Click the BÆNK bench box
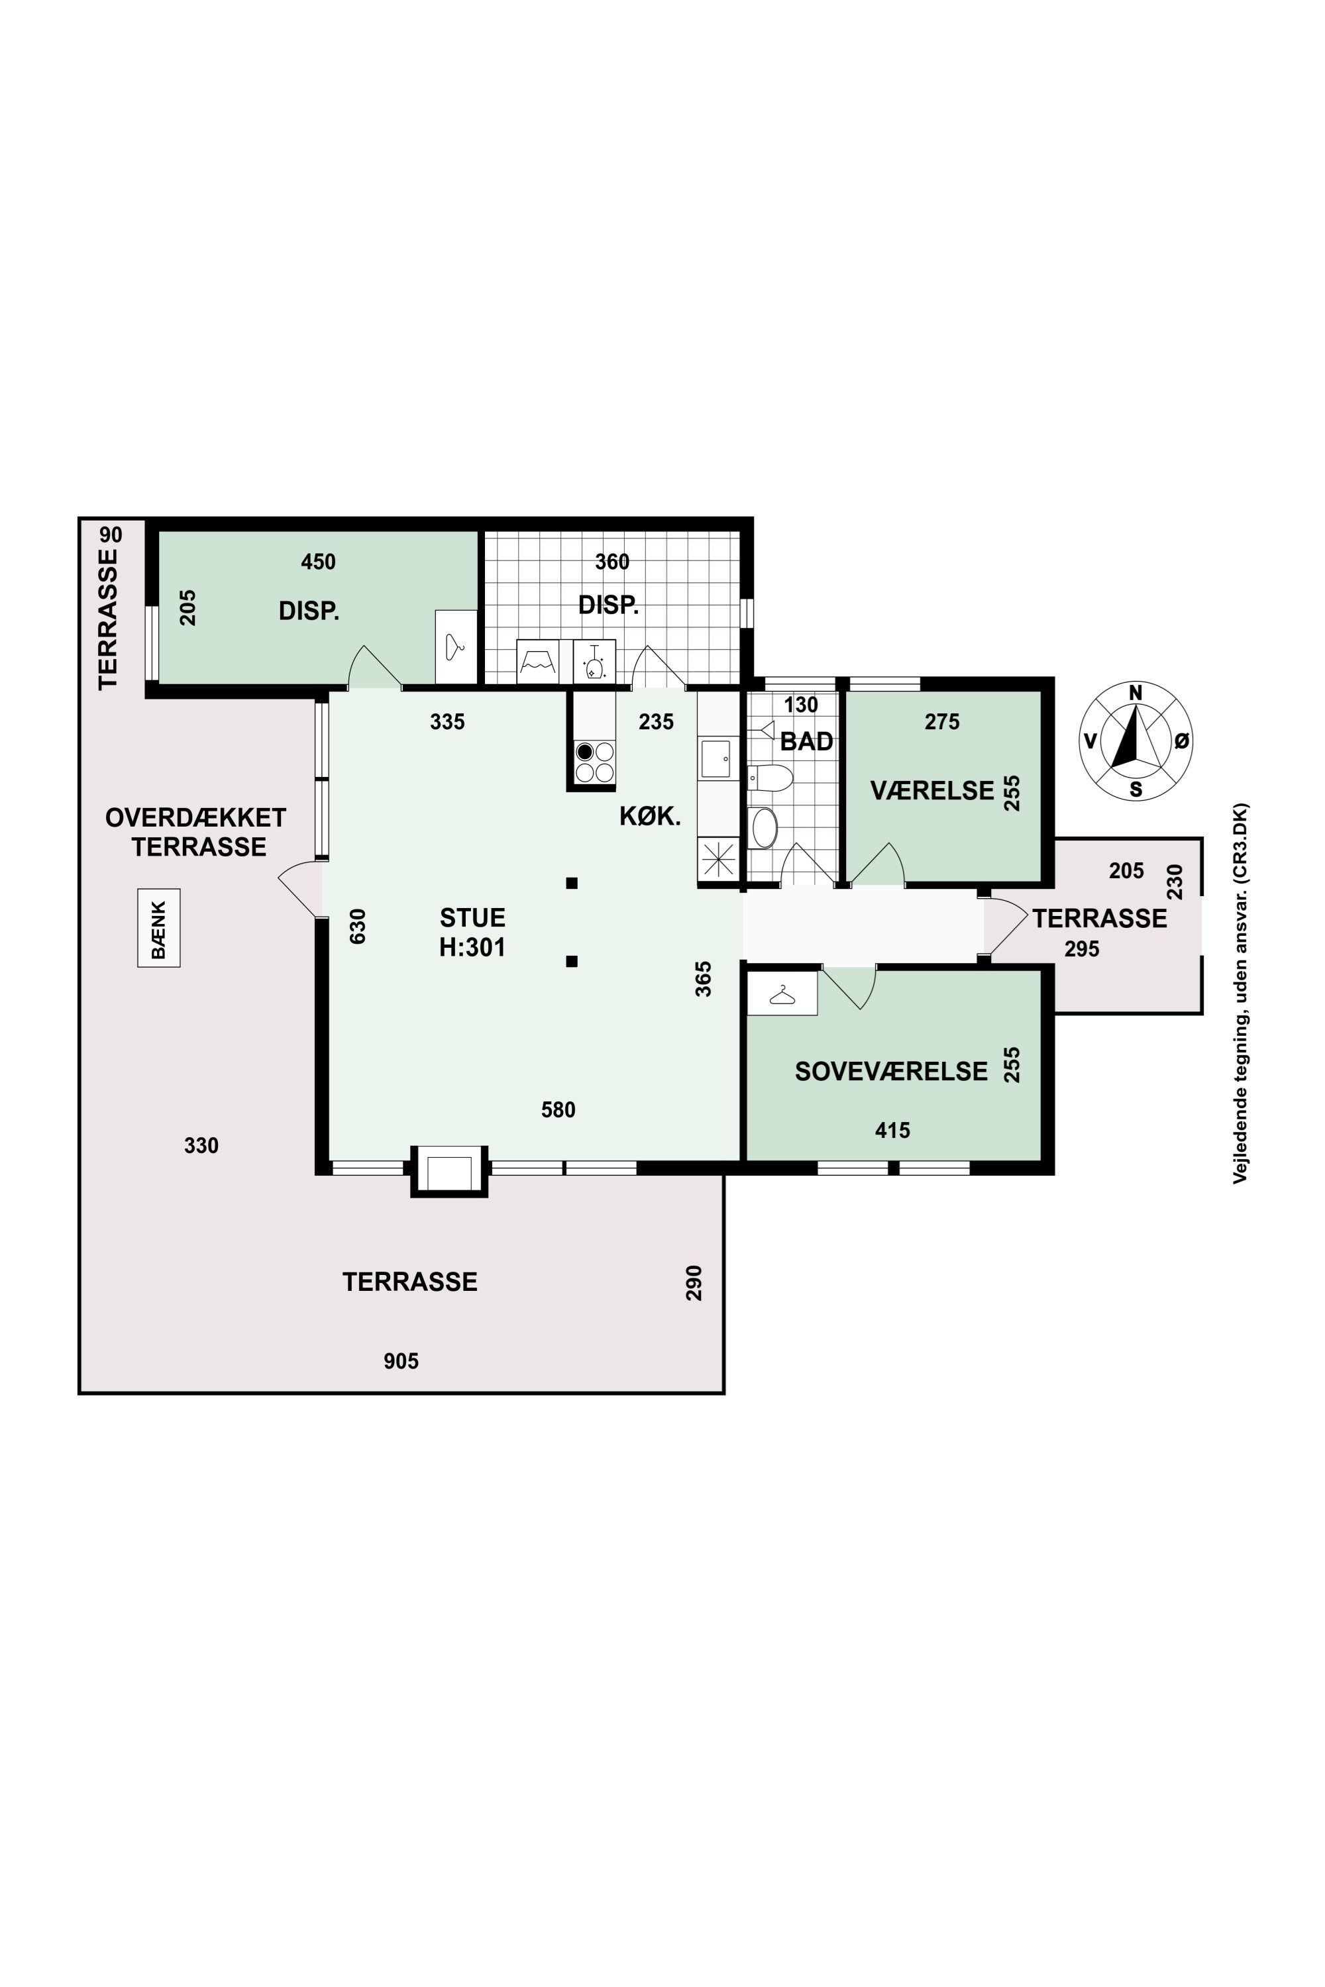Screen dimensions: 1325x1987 point(159,928)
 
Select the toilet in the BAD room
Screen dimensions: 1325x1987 point(770,777)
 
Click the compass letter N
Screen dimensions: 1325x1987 point(1136,693)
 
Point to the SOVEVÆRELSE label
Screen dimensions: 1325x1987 point(890,1072)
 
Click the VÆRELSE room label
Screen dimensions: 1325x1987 point(932,791)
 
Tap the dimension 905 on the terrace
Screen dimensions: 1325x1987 point(401,1361)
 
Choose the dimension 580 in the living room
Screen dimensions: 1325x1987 point(558,1109)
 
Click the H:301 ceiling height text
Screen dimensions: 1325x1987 point(472,948)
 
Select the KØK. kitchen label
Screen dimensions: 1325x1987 point(650,816)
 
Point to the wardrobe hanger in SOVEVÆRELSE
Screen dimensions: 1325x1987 point(782,995)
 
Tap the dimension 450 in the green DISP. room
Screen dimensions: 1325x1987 point(319,562)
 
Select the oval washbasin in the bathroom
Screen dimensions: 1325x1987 point(765,828)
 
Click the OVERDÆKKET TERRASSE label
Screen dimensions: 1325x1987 point(196,832)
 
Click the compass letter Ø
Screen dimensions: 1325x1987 point(1182,741)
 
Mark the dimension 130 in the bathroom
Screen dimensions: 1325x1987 point(801,705)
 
